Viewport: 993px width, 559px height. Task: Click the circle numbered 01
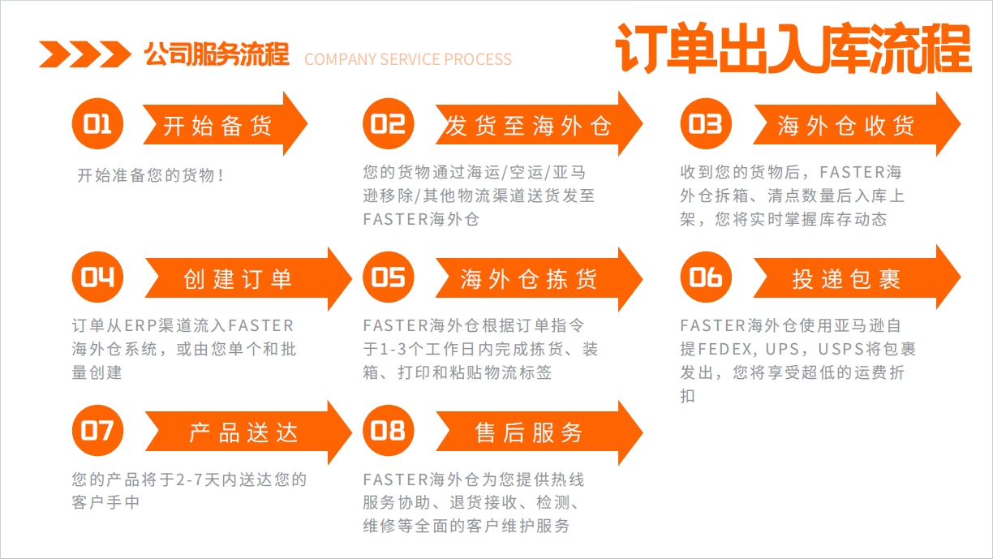97,123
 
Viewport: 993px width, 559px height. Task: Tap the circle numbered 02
389,123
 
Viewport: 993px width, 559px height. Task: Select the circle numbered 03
706,123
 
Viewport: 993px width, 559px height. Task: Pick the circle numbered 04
97,277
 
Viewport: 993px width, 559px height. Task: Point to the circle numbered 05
389,277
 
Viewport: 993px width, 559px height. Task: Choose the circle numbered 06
706,277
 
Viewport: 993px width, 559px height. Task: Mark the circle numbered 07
97,431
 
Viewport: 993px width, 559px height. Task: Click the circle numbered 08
389,431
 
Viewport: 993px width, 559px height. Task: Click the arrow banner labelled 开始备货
226,124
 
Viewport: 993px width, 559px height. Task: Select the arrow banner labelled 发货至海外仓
539,124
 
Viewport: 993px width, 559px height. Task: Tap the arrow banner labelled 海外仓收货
857,124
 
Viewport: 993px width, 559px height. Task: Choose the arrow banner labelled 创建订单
248,278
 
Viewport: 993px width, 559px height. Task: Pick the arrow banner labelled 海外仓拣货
539,278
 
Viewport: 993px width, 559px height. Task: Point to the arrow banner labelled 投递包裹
857,277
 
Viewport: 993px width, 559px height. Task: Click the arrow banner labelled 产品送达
248,432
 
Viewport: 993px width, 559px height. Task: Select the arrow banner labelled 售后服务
539,432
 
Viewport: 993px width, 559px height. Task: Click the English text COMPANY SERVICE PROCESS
408,59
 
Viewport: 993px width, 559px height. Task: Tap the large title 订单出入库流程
793,48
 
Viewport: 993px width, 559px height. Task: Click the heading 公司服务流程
217,54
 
